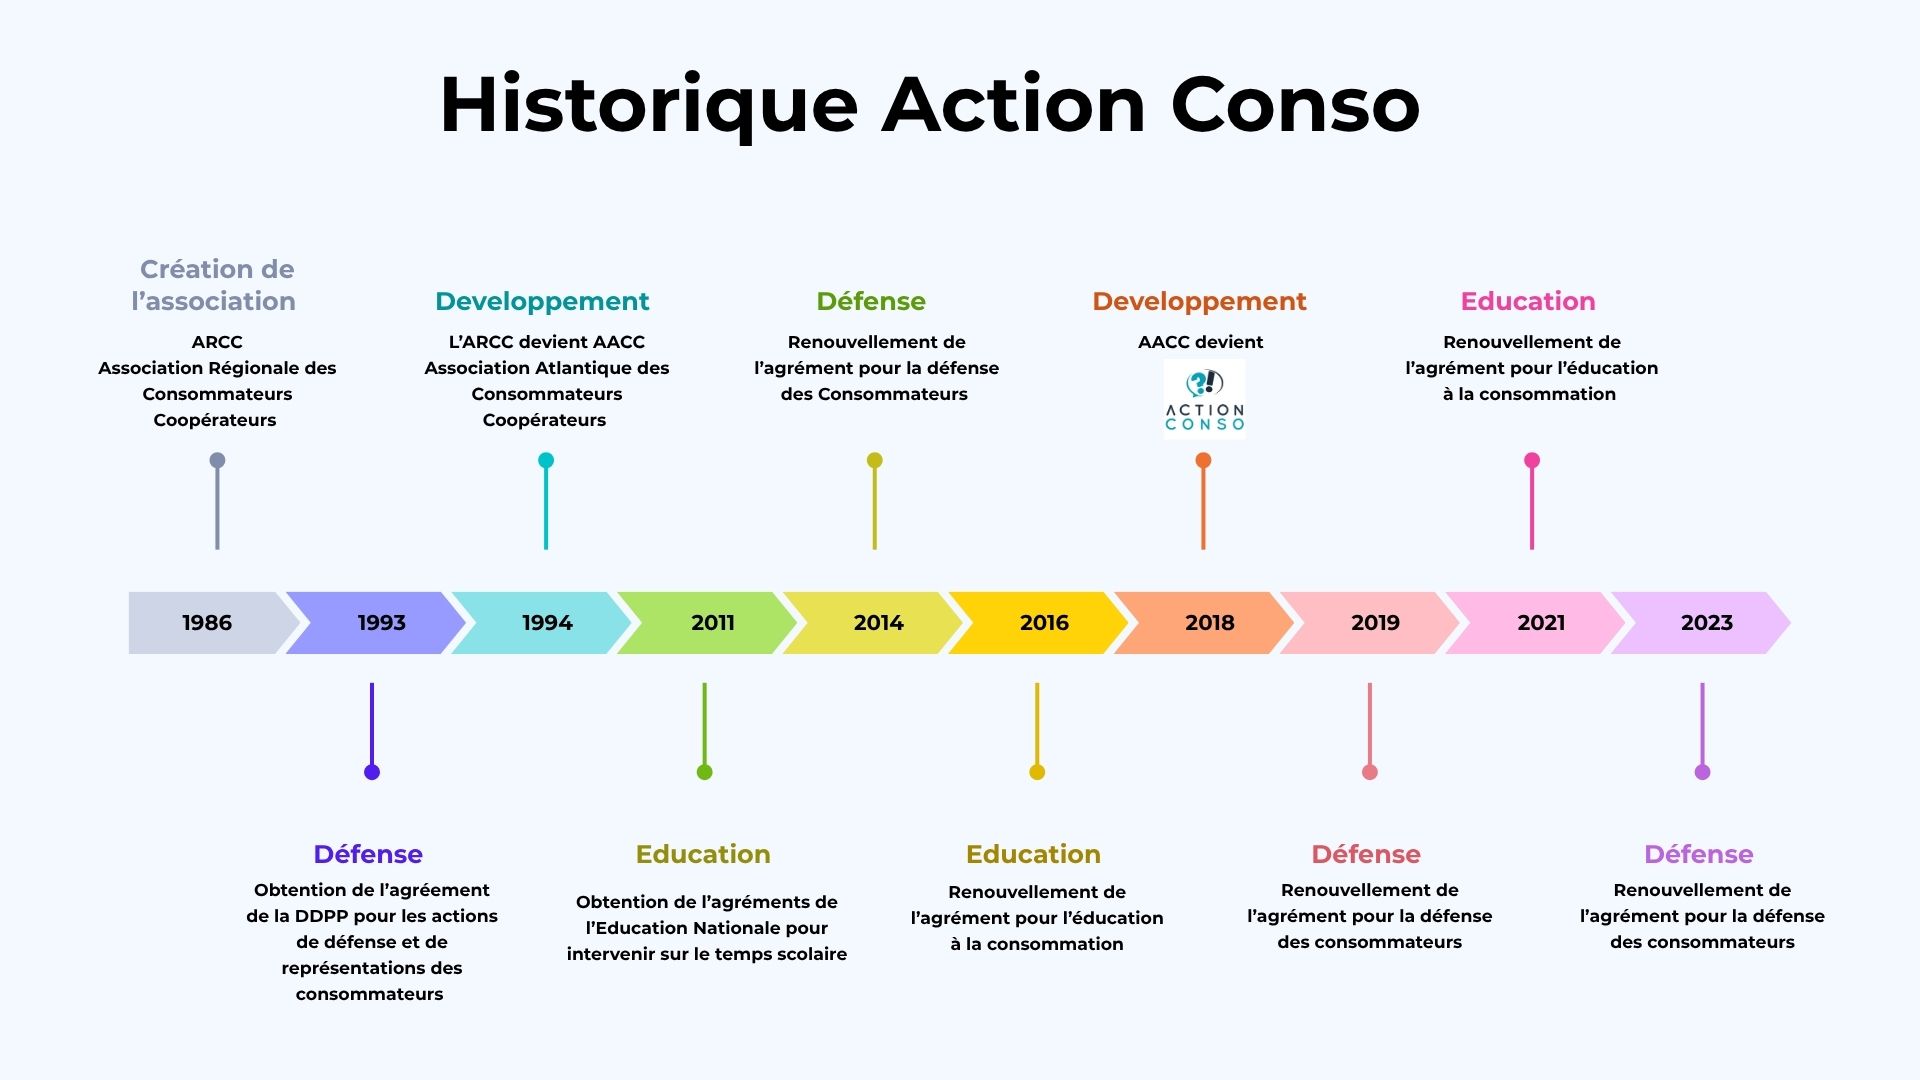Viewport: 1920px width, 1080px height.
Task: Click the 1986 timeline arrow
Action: tap(210, 623)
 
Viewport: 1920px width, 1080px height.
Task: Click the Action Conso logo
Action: tap(1204, 400)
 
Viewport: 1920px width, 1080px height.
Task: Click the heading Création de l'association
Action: tap(214, 285)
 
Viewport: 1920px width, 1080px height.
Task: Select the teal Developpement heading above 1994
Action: tap(542, 301)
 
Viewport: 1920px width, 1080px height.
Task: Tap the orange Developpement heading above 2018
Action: tap(1199, 301)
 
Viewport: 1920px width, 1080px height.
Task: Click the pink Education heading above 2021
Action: tap(1528, 301)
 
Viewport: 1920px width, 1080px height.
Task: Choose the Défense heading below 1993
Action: tap(368, 854)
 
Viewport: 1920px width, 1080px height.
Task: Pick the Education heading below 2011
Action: tap(703, 854)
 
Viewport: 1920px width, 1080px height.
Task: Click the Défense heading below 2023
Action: tap(1699, 854)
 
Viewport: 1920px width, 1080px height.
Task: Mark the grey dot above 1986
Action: tap(217, 460)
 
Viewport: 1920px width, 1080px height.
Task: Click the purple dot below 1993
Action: tap(372, 772)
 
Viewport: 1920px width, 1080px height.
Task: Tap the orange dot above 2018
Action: tap(1203, 460)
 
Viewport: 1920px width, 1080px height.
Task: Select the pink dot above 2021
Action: tap(1532, 460)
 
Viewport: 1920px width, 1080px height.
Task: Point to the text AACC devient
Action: tap(1201, 342)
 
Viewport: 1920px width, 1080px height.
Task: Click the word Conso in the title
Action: tap(1295, 106)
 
